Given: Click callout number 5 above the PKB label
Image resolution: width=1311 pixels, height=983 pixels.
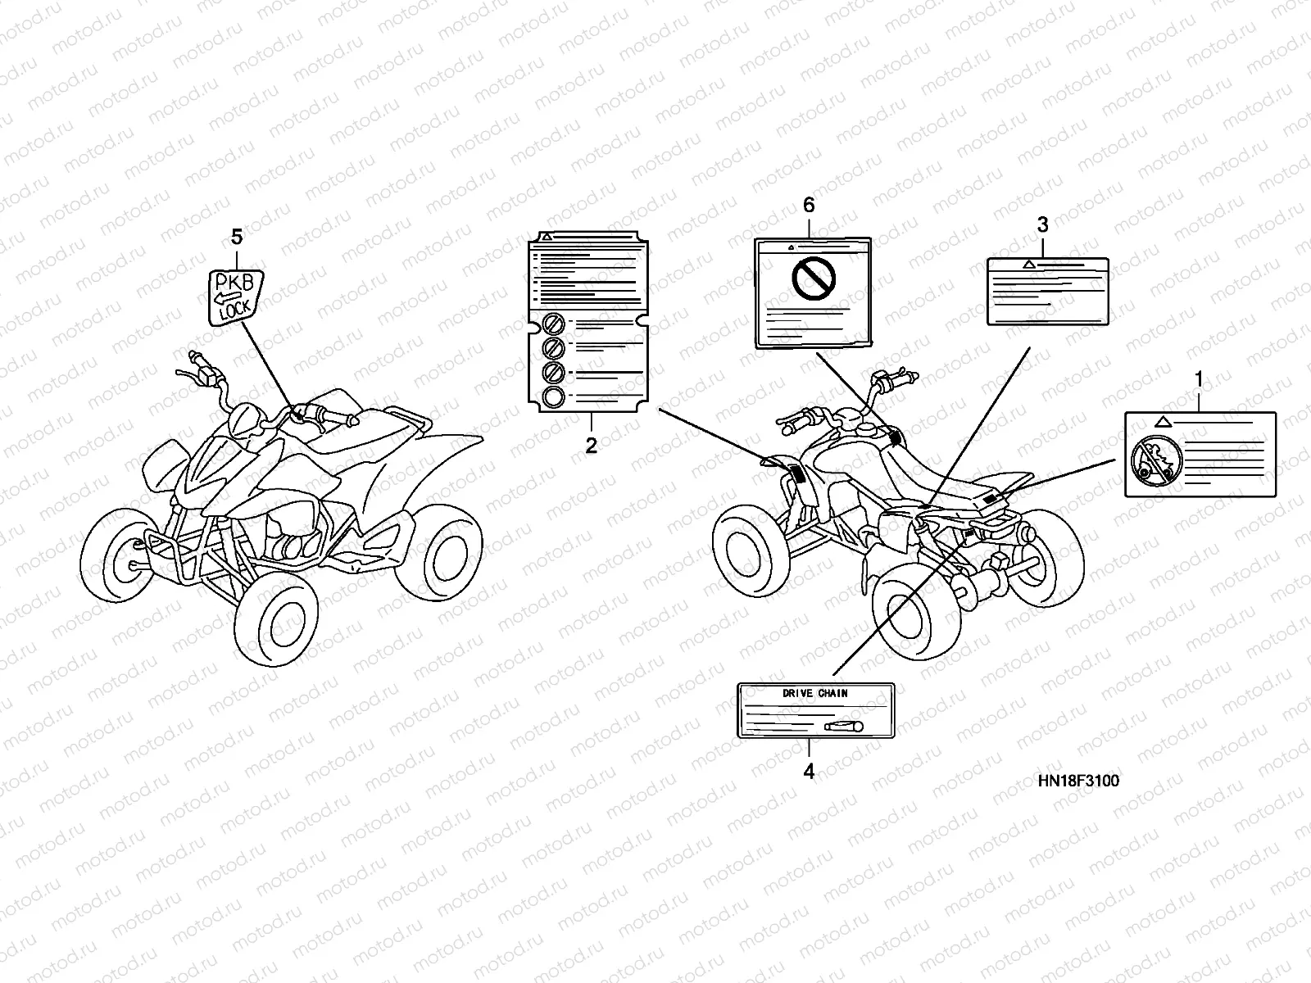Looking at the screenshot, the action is click(x=237, y=238).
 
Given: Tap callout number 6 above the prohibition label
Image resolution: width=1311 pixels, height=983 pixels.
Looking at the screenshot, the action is click(x=809, y=205).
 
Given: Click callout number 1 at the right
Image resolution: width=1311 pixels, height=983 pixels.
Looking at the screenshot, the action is click(x=1199, y=380).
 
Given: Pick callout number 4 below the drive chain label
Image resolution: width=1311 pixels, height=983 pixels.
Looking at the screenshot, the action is click(x=809, y=771).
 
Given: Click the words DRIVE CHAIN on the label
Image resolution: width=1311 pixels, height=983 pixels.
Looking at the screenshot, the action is click(x=814, y=693).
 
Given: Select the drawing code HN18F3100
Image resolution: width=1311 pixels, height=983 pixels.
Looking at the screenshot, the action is click(x=1077, y=781).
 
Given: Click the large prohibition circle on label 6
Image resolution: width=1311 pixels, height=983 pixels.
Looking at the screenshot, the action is click(x=812, y=280).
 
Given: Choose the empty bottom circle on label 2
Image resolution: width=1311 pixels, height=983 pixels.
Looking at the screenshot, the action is click(x=553, y=398).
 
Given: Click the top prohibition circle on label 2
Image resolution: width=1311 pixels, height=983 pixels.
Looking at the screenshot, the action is click(x=553, y=322).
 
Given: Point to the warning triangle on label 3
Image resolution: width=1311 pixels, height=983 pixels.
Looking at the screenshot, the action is click(x=1027, y=265).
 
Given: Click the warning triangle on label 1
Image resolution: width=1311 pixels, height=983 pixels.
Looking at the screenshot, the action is click(x=1160, y=422).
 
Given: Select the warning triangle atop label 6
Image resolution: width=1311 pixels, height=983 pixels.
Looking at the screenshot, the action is click(x=791, y=246).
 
